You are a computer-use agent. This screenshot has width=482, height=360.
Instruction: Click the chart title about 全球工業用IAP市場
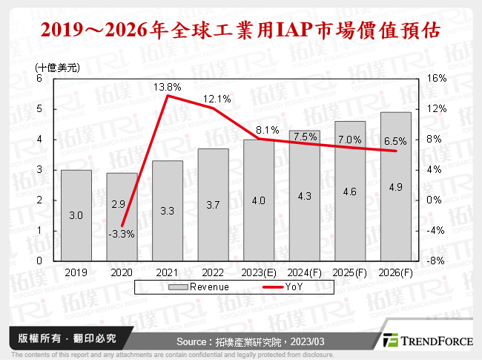point(241,30)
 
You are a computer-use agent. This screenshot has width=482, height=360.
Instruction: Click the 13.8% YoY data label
point(168,88)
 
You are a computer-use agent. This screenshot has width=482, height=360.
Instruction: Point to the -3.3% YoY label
point(121,234)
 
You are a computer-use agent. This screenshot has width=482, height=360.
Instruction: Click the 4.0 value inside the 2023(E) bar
point(258,200)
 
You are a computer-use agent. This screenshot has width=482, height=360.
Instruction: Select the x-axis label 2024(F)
point(304,272)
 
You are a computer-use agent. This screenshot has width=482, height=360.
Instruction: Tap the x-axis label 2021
point(167,272)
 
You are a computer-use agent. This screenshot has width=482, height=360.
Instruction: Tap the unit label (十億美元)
point(57,67)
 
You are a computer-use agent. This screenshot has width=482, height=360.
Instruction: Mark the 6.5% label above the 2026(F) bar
point(394,141)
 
